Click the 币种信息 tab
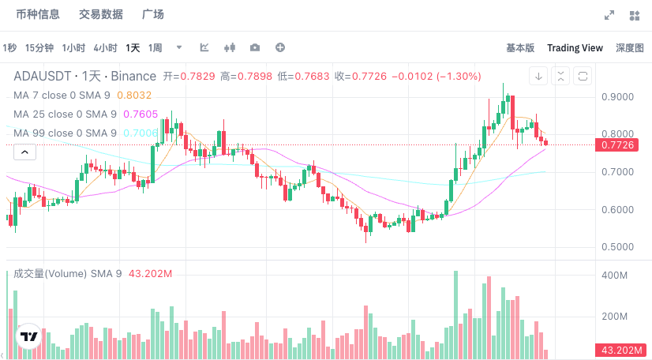[x=38, y=15]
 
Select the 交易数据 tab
[x=100, y=15]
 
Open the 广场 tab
[x=152, y=15]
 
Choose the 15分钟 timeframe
[x=39, y=48]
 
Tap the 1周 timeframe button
[x=156, y=48]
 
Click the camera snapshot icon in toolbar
[x=254, y=48]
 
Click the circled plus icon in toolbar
[x=279, y=48]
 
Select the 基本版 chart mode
[x=520, y=48]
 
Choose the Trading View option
[x=575, y=48]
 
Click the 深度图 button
[x=629, y=48]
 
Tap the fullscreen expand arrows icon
[x=609, y=15]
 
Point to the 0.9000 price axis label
[x=617, y=97]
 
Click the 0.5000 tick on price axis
[x=617, y=247]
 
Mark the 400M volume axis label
[x=615, y=276]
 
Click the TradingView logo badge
[x=29, y=337]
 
